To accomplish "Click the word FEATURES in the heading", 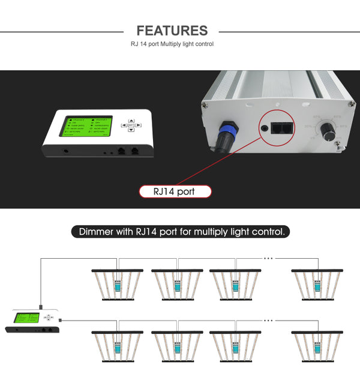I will tap(172, 31).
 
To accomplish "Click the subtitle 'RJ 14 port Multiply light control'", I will tap(172, 44).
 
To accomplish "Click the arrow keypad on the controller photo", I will tap(131, 126).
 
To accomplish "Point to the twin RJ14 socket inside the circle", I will tap(281, 128).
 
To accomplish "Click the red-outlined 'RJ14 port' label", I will tap(175, 192).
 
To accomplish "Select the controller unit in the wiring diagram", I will tap(34, 321).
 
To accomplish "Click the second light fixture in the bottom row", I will tap(177, 346).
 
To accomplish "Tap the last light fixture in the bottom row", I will tap(318, 346).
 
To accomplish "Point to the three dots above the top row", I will tap(268, 258).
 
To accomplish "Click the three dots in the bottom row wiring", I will tap(268, 321).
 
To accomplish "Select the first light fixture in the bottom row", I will tap(118, 346).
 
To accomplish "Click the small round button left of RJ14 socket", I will tap(264, 128).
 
